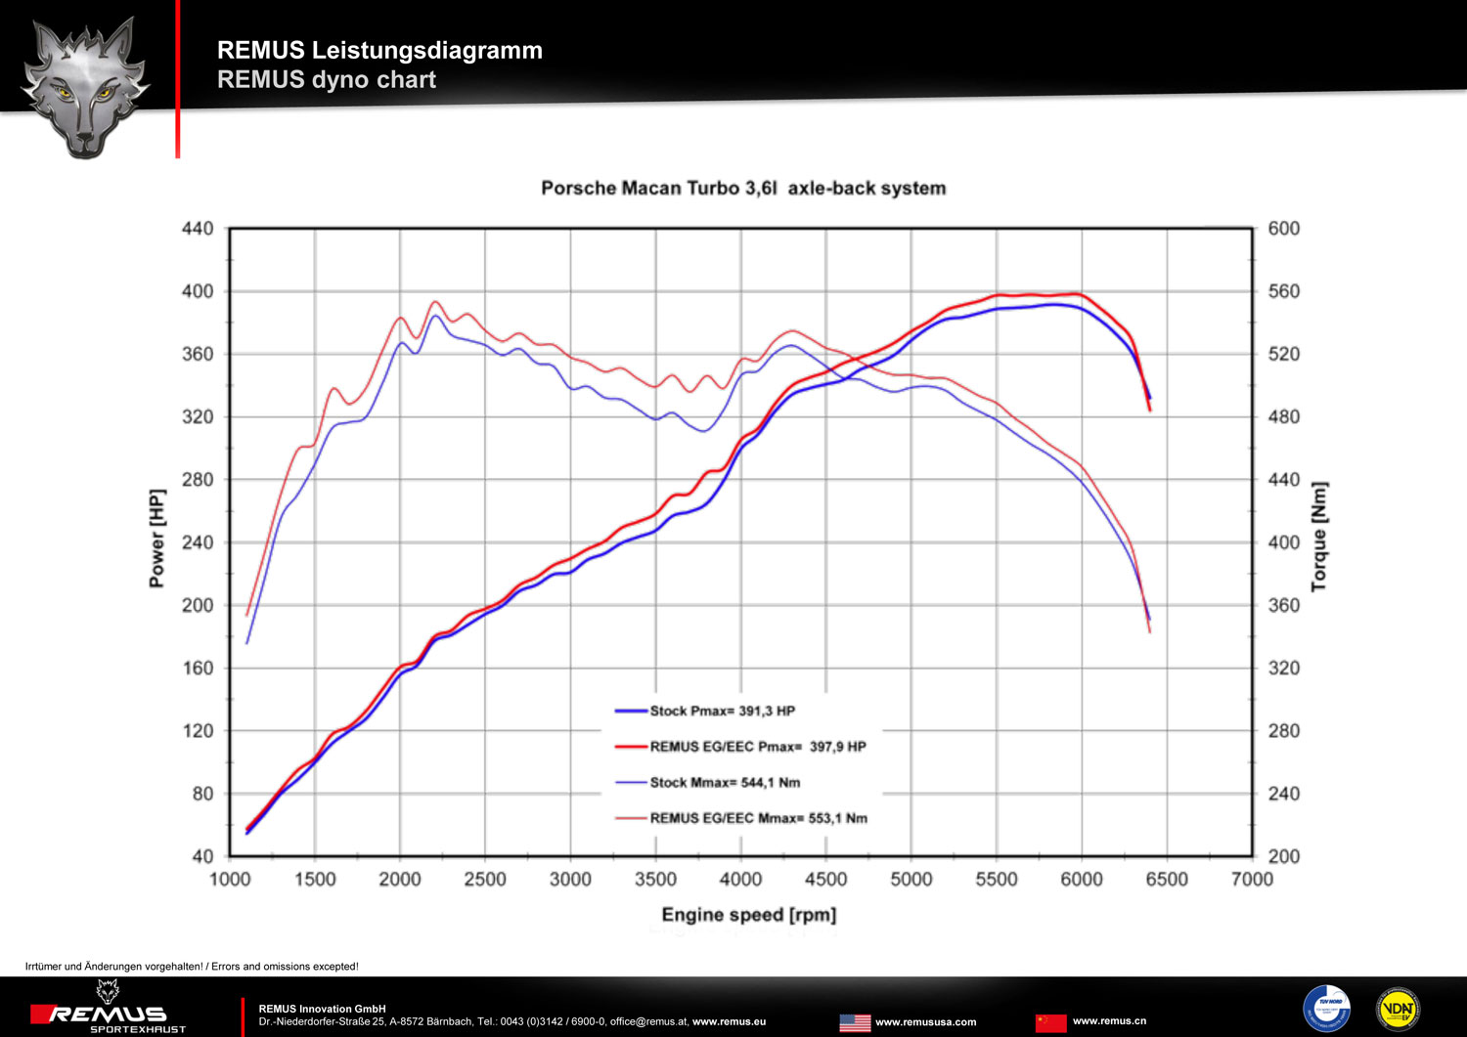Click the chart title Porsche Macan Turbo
point(743,188)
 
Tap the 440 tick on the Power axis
point(198,229)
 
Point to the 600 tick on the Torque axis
point(1283,229)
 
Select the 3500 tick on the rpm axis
point(655,880)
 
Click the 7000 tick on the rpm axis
point(1252,880)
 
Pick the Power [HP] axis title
point(156,539)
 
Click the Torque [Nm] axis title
point(1319,536)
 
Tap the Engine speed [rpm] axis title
point(749,915)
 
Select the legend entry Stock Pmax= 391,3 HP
point(722,711)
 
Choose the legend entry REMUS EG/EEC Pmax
point(757,747)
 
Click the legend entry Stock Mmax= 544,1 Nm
point(725,782)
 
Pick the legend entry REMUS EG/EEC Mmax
point(758,818)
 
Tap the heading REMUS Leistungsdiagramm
point(379,50)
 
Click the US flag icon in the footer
point(855,1022)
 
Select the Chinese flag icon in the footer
point(1051,1022)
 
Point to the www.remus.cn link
point(1109,1021)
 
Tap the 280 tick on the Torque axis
point(1283,731)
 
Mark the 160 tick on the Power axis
point(198,669)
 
